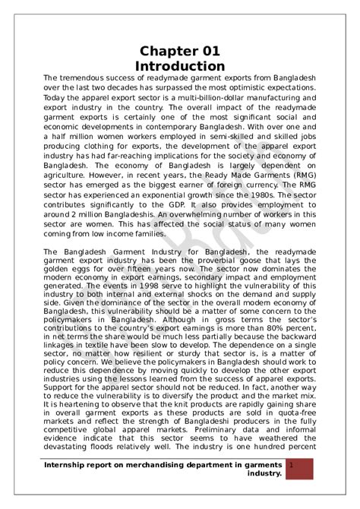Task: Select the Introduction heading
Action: (180, 67)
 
